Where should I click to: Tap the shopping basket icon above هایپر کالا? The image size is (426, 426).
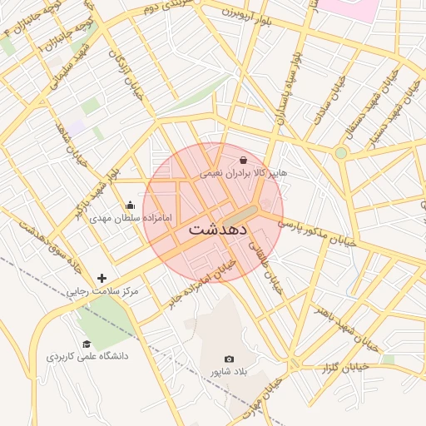(x=243, y=160)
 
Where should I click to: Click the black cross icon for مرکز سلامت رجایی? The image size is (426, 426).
(x=102, y=278)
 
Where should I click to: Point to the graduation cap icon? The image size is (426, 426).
(x=87, y=344)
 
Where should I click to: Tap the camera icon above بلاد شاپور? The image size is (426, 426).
(x=230, y=359)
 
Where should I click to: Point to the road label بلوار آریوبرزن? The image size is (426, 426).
(x=248, y=14)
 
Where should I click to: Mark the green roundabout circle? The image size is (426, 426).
(x=340, y=152)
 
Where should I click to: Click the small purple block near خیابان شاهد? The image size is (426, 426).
(x=77, y=127)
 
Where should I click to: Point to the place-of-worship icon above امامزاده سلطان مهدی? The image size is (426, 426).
(x=130, y=206)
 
